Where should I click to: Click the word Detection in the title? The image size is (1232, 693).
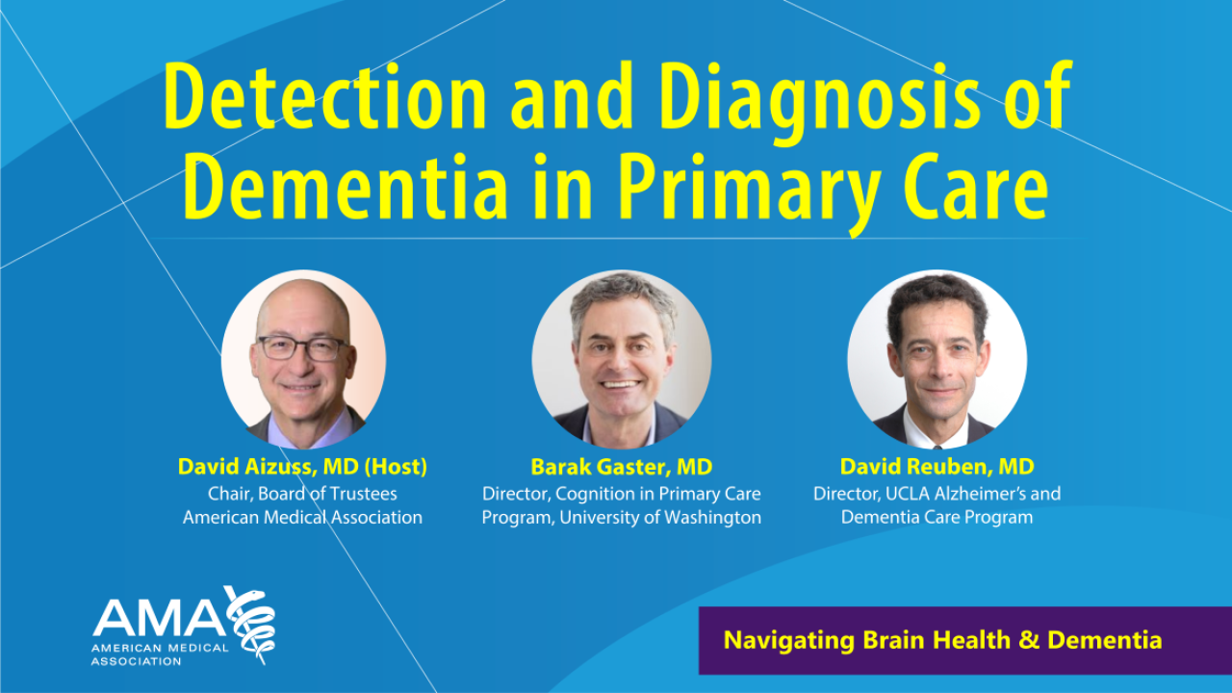(x=325, y=98)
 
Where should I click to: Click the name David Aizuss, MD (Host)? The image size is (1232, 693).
(x=302, y=468)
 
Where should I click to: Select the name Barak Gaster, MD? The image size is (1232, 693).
(x=621, y=468)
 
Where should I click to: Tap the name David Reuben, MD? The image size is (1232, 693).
(x=937, y=468)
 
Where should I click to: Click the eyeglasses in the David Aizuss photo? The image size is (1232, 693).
(x=300, y=347)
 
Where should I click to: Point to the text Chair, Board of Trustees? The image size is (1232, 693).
(x=302, y=494)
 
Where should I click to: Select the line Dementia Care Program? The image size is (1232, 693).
(x=937, y=518)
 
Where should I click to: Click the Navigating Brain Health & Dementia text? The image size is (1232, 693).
(x=942, y=640)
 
